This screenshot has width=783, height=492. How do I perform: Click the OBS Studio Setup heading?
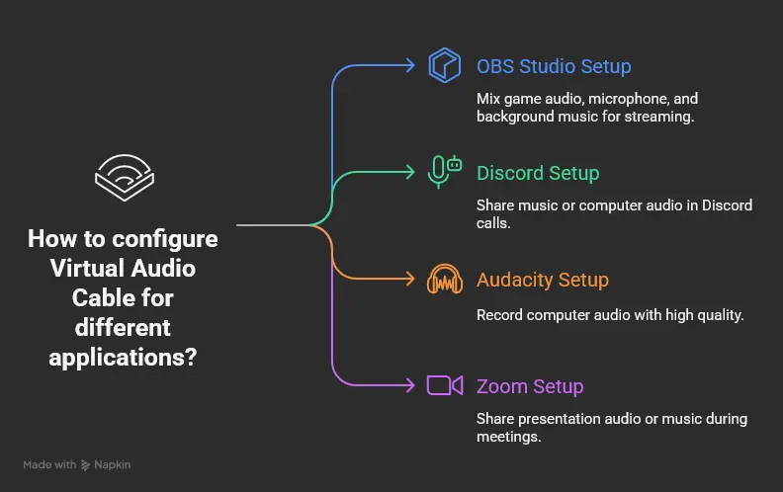[554, 67]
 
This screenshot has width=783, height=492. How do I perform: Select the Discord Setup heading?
[538, 173]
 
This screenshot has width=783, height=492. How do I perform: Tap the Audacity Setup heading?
[541, 280]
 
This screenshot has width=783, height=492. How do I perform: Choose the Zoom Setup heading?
[530, 386]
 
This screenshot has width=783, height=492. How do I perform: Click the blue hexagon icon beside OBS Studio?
[445, 66]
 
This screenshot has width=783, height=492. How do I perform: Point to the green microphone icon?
[444, 172]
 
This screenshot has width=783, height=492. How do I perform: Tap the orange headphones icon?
[445, 280]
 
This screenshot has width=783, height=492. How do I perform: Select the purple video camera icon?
[445, 385]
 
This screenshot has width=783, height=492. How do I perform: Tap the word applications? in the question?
[123, 356]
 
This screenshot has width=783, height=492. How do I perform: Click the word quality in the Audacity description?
[715, 316]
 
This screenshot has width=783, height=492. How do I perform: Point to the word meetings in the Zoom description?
[507, 436]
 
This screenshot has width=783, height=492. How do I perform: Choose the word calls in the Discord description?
[496, 223]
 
